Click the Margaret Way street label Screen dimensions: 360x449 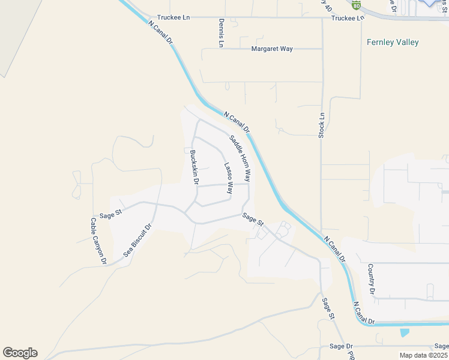(272, 49)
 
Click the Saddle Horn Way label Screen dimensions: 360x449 (240, 159)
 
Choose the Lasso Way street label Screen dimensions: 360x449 (228, 178)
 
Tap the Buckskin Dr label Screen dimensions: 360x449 (194, 167)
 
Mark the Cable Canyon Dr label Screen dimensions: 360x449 (98, 241)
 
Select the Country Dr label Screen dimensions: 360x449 (372, 278)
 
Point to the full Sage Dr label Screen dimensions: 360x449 (342, 346)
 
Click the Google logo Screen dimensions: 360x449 (20, 353)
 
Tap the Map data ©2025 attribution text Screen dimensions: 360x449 (424, 355)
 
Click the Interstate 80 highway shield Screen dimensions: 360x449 (357, 5)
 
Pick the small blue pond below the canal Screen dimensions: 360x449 (404, 331)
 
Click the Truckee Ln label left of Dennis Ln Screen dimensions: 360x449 (173, 18)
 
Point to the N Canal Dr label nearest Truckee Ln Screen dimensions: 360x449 (160, 32)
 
